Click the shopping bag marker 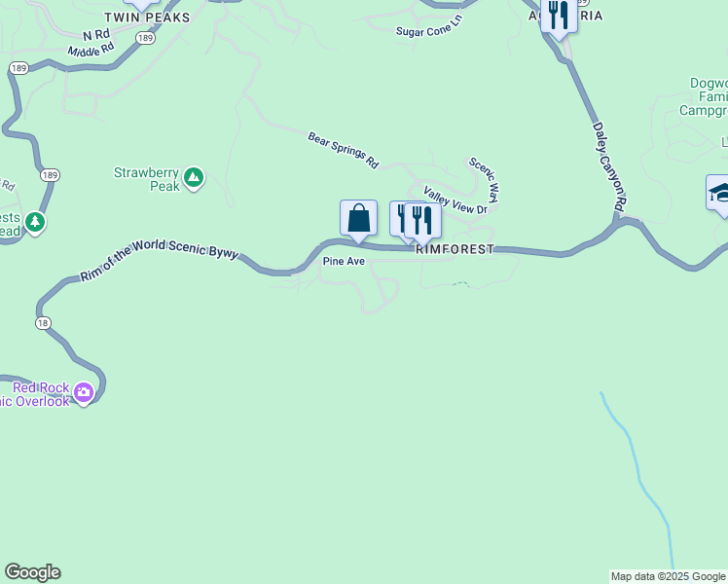coord(358,218)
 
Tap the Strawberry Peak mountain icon coord(194,177)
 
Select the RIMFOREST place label coord(455,249)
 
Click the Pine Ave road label coord(343,262)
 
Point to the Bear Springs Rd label coord(343,150)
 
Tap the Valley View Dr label coord(454,201)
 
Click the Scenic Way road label coord(484,180)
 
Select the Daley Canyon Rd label coord(607,166)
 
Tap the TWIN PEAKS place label coord(147,18)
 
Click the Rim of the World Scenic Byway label coord(159,262)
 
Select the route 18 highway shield coord(43,322)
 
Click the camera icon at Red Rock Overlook coord(84,393)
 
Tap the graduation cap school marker coord(720,191)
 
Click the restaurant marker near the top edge coord(558,15)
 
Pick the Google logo coord(32,572)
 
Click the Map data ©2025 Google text coord(668,576)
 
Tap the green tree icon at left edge coord(36,223)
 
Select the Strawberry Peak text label coord(146,179)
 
